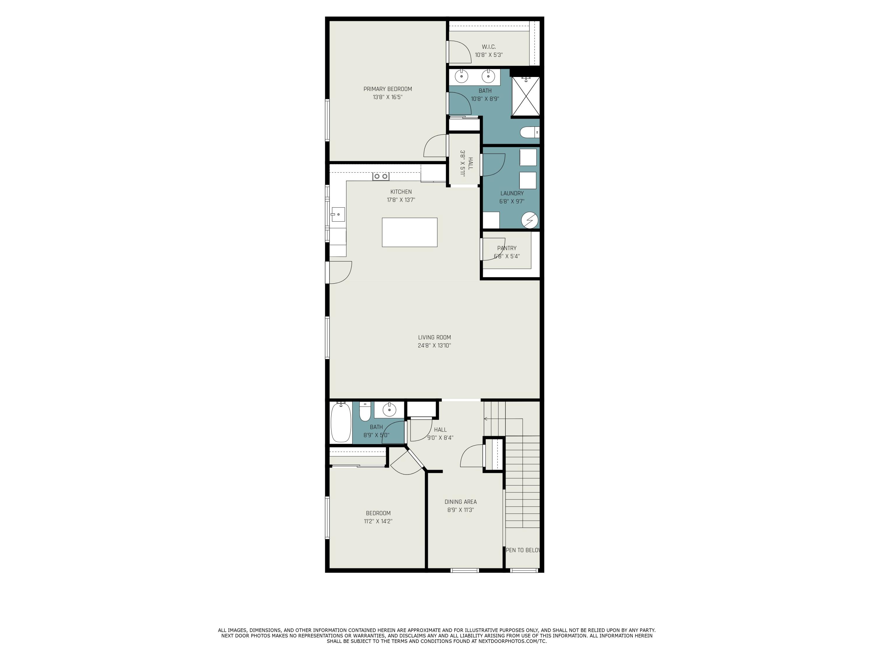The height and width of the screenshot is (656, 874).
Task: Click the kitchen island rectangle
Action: tap(409, 232)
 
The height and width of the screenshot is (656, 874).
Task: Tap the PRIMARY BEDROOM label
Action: tap(387, 89)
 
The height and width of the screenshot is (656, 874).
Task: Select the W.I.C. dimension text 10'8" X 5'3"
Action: tap(489, 55)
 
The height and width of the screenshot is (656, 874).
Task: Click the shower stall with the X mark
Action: tap(526, 96)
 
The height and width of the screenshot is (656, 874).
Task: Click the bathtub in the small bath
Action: tap(341, 422)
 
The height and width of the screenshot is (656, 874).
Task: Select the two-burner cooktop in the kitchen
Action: tap(381, 176)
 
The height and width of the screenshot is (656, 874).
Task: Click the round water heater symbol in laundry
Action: tap(529, 220)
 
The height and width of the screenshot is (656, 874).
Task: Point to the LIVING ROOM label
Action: tap(434, 337)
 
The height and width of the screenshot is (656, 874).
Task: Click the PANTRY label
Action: tap(507, 248)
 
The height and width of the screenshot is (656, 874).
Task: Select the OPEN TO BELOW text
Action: tap(522, 550)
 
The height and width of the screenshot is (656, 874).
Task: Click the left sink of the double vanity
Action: tap(461, 76)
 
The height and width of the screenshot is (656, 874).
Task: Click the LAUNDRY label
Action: tap(512, 193)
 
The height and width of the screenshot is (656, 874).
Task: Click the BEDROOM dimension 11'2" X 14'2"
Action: tap(378, 521)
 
